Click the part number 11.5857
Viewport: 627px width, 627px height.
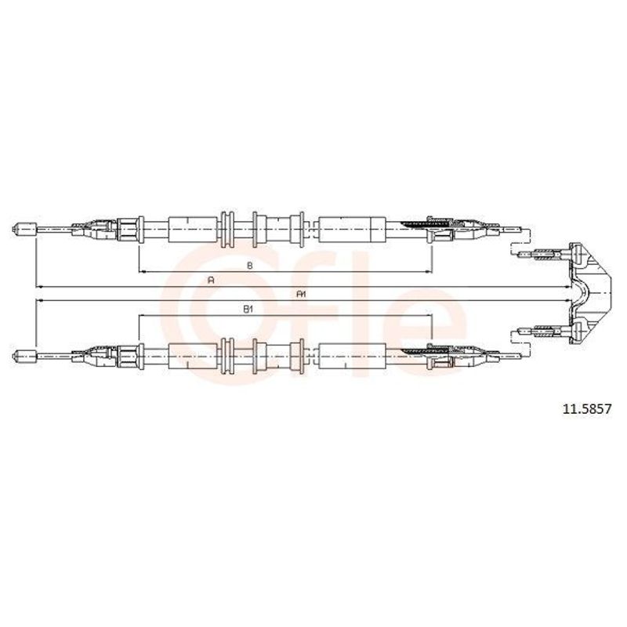click(587, 409)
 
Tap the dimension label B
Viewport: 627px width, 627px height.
click(249, 265)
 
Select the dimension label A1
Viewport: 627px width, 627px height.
click(301, 295)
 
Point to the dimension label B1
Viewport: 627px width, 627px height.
click(248, 309)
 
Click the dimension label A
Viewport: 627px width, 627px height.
click(212, 281)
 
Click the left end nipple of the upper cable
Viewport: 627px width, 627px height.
click(25, 229)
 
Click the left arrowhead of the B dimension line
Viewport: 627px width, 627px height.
click(141, 272)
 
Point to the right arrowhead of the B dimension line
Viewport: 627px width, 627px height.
click(429, 272)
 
